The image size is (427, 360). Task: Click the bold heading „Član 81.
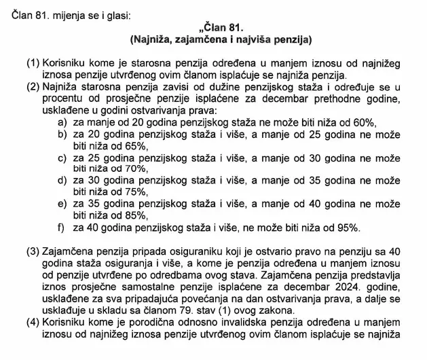[x=211, y=28]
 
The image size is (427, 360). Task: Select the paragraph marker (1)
[x=33, y=63]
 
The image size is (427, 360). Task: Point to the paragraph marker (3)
[x=33, y=251]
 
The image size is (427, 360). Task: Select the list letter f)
[x=62, y=228]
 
